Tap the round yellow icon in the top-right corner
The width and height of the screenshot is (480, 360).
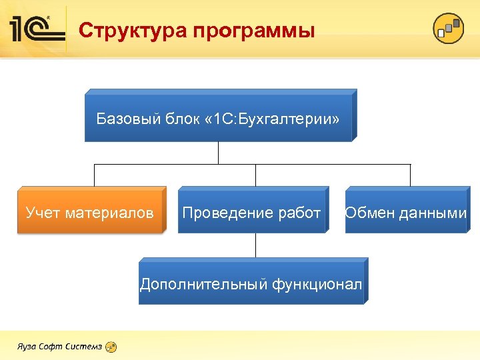448,29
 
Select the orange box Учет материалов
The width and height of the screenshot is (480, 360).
90,210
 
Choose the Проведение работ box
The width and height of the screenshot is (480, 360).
252,210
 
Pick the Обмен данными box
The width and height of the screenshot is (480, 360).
405,210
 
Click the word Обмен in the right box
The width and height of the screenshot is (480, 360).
369,213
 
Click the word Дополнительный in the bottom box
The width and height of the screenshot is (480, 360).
203,285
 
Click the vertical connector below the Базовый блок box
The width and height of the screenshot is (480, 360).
219,153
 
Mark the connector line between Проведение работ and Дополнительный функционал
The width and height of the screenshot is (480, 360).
255,245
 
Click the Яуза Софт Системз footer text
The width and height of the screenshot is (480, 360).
59,347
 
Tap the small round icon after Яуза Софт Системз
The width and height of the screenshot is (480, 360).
111,347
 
